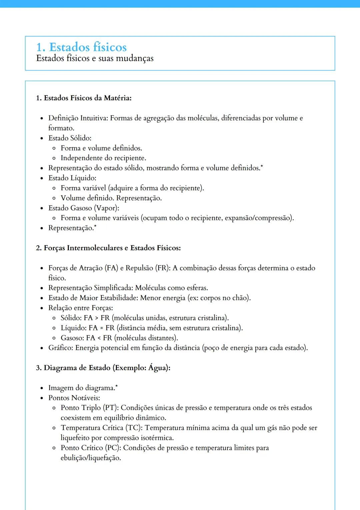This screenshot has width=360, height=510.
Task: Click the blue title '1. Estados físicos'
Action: [81, 47]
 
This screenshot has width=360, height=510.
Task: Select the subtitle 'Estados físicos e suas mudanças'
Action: [95, 58]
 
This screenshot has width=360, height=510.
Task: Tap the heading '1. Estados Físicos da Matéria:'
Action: [84, 98]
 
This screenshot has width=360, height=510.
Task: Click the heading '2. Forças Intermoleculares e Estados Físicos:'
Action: [108, 248]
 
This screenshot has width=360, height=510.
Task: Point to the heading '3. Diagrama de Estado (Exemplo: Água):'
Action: [103, 368]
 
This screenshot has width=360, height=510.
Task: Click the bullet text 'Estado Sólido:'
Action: [70, 138]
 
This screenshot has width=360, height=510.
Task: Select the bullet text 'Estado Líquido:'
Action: [72, 178]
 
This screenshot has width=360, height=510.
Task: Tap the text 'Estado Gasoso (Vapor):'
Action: [84, 208]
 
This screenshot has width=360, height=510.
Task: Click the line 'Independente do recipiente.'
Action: [103, 158]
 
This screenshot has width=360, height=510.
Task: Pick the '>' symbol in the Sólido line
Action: [97, 318]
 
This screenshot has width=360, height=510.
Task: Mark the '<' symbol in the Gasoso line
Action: [99, 338]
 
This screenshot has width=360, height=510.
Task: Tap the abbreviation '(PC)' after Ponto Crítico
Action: [113, 448]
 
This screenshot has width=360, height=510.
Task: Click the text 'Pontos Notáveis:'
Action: [74, 398]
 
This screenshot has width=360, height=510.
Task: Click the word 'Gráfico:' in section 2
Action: [61, 348]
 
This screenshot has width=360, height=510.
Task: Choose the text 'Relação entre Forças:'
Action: [81, 308]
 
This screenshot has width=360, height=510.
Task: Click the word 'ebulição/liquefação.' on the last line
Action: [91, 458]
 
